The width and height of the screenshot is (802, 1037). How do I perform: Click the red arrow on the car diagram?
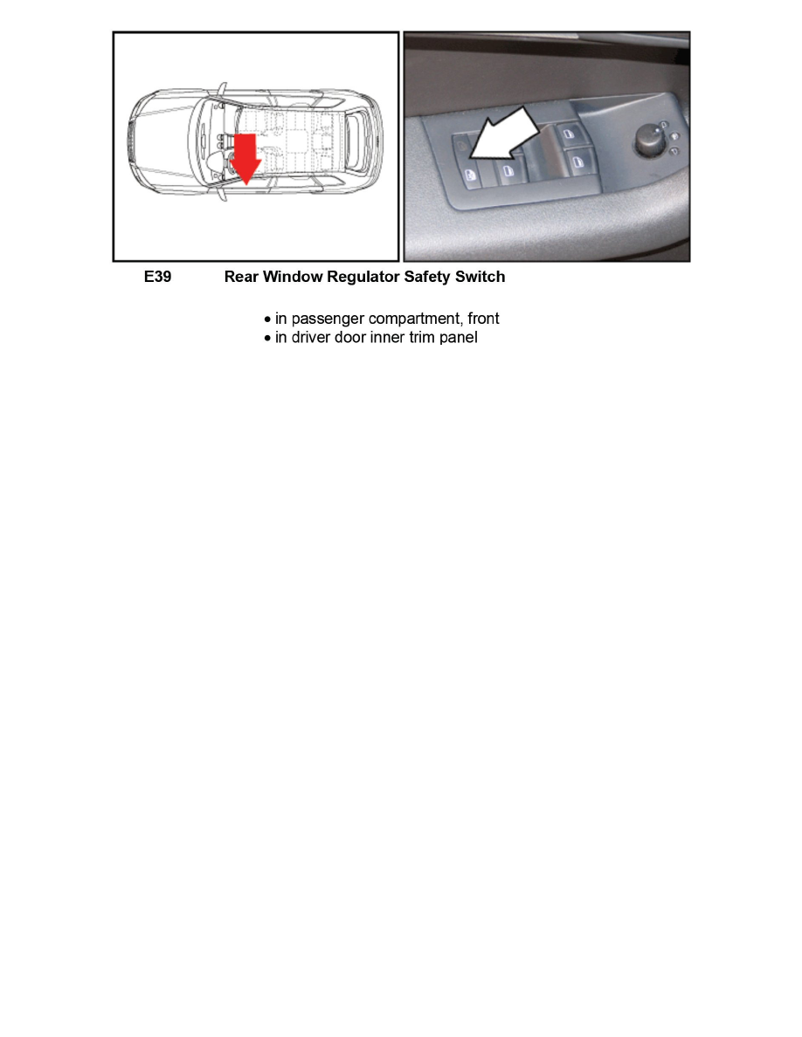point(247,158)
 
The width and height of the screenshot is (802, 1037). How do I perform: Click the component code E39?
point(157,278)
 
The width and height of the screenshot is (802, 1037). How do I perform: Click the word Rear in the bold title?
point(241,278)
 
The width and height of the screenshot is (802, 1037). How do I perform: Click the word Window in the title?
point(292,278)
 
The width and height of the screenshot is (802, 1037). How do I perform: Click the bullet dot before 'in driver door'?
point(268,338)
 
